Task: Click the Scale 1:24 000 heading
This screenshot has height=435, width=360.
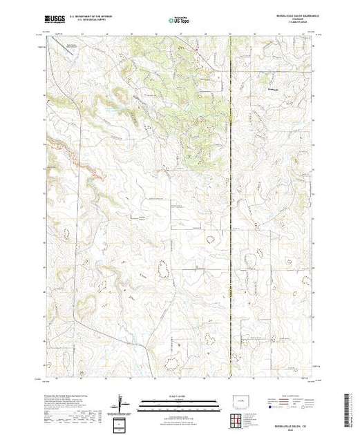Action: pos(179,396)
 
